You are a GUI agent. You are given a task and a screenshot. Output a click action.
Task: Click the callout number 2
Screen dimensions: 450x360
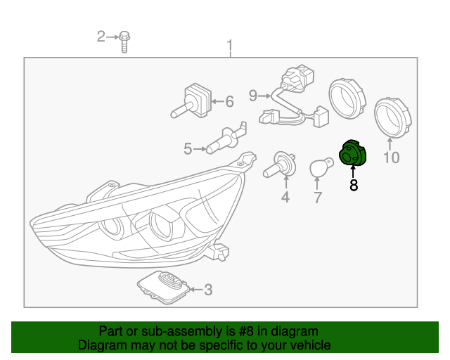(101, 37)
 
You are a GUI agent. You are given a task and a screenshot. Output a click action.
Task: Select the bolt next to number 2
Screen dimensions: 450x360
(124, 42)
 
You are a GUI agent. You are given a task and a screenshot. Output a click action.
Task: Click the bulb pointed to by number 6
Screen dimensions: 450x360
(191, 101)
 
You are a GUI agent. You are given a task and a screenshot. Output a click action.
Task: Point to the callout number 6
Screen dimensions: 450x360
(230, 101)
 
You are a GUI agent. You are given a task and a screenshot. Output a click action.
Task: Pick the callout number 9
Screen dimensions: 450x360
(253, 96)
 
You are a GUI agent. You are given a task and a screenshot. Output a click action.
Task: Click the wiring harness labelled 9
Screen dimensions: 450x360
(294, 96)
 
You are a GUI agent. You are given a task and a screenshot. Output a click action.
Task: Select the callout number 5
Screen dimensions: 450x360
(188, 149)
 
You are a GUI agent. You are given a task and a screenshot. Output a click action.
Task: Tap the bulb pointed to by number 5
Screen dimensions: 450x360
(226, 139)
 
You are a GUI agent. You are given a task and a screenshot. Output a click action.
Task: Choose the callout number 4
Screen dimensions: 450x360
(285, 197)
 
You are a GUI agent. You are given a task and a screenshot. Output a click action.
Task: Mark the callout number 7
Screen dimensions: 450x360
(317, 198)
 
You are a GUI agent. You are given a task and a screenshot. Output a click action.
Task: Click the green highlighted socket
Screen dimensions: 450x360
(353, 153)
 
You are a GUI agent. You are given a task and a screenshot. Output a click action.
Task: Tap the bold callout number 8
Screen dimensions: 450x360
(354, 185)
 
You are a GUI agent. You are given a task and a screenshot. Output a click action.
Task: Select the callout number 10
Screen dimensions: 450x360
(392, 157)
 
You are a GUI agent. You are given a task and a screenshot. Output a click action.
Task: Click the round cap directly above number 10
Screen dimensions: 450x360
(393, 117)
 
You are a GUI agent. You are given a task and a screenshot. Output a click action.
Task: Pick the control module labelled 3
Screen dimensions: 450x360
(164, 287)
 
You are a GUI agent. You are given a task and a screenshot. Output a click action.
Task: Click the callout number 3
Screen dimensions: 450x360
(208, 290)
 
